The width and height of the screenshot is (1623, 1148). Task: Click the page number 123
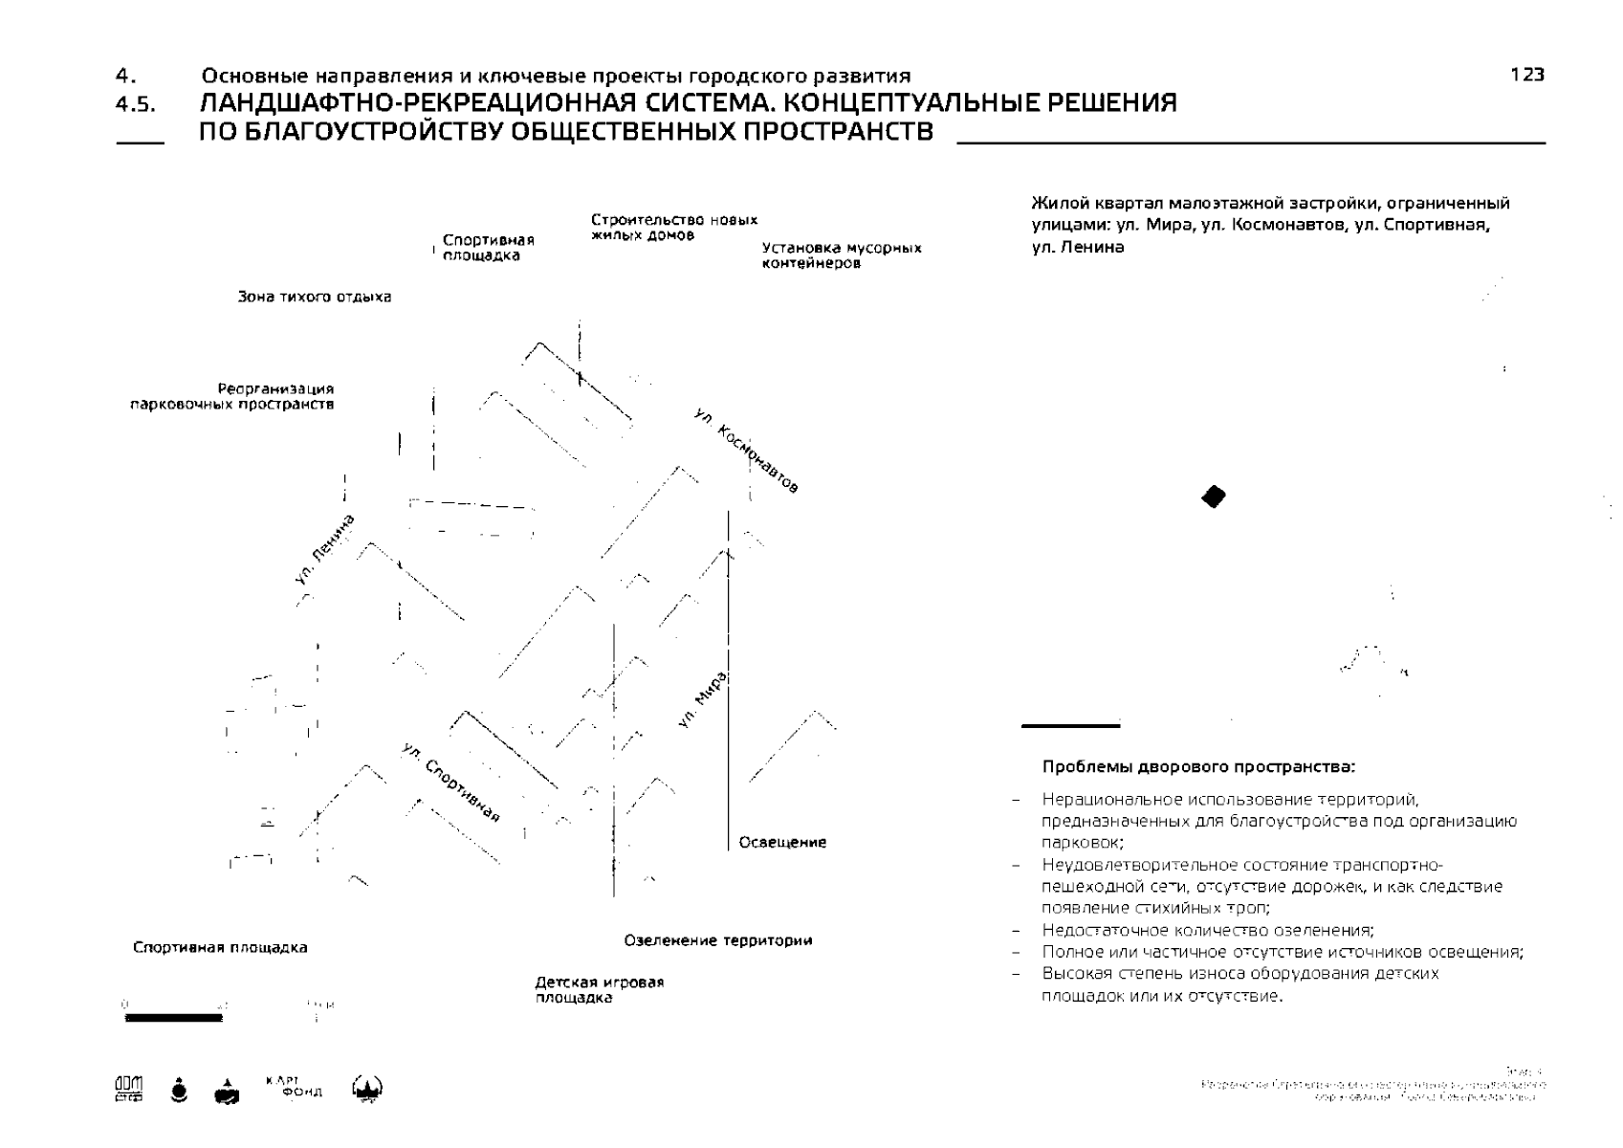point(1527,75)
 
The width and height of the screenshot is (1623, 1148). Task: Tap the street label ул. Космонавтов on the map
point(746,450)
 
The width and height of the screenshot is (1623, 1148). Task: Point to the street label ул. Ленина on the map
point(325,548)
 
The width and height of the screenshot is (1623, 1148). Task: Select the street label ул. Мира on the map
point(703,700)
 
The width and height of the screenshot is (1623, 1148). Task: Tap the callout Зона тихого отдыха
point(315,297)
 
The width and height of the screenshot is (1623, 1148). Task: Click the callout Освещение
point(782,843)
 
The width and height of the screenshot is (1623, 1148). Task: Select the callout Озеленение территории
point(718,940)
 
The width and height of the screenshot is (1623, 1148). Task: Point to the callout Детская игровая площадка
point(599,990)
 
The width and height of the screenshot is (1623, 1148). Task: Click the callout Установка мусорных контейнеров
point(842,255)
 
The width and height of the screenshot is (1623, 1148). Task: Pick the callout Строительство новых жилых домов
point(674,227)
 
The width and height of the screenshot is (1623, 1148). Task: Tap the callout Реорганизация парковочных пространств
point(232,397)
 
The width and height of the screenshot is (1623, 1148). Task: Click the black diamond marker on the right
point(1214,497)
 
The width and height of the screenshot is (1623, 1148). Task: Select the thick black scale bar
point(173,1018)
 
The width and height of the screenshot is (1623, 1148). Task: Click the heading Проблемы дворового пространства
point(1199,767)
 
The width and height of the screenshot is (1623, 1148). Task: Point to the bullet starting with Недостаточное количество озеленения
point(1208,930)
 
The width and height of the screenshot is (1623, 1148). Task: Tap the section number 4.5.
point(135,105)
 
